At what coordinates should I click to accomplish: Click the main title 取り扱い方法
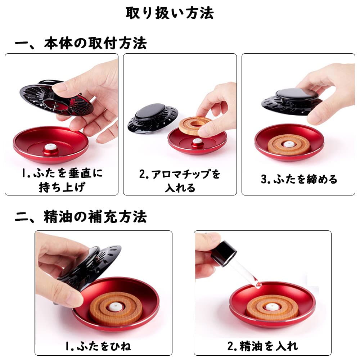170,13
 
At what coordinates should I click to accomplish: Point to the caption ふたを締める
299,179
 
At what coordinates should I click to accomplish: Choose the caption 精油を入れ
262,346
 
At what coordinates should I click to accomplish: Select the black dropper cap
223,252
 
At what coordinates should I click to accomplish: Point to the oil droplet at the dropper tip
257,284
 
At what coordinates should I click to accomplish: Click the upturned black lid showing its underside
54,97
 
